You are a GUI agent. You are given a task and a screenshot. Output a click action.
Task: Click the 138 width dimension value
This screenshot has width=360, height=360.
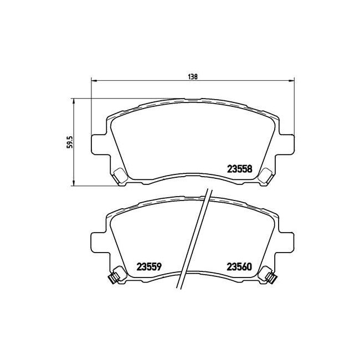[x=193, y=76]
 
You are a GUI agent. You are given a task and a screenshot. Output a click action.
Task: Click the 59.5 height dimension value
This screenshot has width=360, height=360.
[x=70, y=142]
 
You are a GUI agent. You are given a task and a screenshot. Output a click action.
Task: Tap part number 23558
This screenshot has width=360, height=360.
[x=239, y=169]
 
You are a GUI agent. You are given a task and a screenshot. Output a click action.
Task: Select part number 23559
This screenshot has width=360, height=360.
[x=149, y=267]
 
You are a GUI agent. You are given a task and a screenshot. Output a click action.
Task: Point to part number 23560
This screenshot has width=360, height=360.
[x=239, y=267]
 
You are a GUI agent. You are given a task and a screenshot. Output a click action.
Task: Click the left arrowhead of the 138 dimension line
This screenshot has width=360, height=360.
[x=94, y=81]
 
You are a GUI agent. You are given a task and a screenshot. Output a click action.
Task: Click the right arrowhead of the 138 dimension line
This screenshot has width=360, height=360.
[x=291, y=81]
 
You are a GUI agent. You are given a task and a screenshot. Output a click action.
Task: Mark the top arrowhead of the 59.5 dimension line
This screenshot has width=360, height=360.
[x=74, y=101]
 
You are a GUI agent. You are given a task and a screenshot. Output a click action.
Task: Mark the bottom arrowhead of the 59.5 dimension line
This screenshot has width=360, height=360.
[x=74, y=183]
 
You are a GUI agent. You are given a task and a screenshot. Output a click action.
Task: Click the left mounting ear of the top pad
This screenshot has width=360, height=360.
[x=99, y=145]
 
